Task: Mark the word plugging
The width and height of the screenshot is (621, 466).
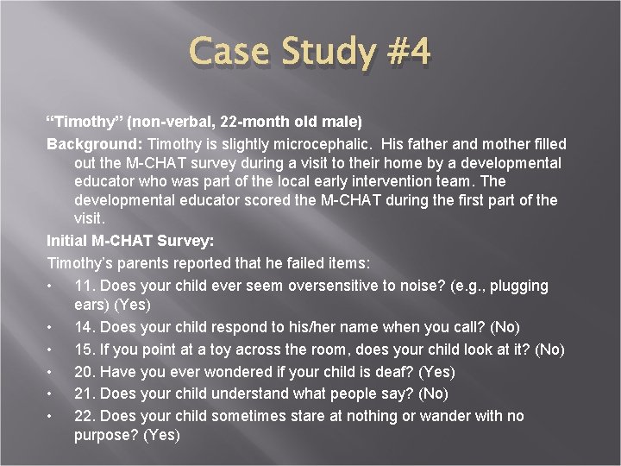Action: (x=518, y=285)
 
